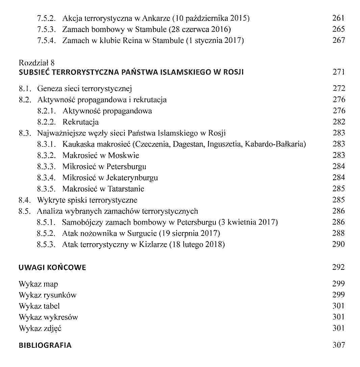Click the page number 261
coord(338,18)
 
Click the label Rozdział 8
coord(37,63)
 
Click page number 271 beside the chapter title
coord(338,72)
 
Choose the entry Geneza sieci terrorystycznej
coord(84,89)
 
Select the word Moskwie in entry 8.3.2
coord(124,156)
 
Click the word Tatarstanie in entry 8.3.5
coord(126,189)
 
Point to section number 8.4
coord(25,200)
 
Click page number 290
coord(338,244)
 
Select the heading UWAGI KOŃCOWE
coord(52,268)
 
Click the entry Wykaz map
coord(38,284)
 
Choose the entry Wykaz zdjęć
coord(40,328)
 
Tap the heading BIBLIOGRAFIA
coord(45,345)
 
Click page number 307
coord(338,345)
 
